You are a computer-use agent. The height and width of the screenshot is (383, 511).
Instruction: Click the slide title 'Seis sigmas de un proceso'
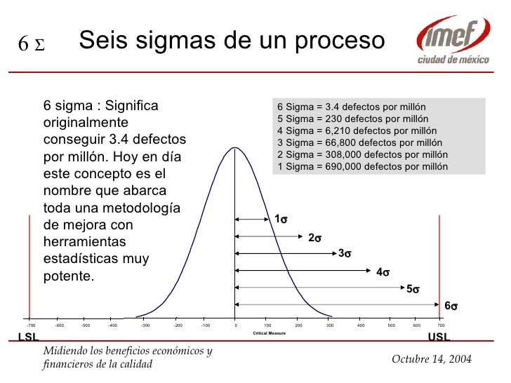(232, 41)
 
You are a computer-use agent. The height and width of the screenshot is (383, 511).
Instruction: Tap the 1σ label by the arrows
(280, 220)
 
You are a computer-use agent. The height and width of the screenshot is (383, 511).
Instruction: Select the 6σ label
(451, 306)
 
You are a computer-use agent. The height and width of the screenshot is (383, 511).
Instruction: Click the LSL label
(27, 337)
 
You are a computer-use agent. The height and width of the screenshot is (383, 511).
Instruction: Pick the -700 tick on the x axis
(30, 325)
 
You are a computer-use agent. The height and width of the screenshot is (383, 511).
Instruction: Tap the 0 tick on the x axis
(236, 325)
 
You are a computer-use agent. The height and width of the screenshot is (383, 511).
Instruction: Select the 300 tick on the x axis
(329, 325)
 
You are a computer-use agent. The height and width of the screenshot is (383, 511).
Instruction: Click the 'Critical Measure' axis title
(269, 332)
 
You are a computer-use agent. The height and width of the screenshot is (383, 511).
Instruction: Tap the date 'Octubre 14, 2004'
(430, 359)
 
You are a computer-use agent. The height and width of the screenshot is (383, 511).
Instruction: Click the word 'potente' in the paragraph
(67, 276)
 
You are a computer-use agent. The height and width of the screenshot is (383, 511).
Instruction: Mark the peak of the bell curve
(235, 147)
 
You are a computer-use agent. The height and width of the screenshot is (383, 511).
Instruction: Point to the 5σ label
(413, 288)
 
